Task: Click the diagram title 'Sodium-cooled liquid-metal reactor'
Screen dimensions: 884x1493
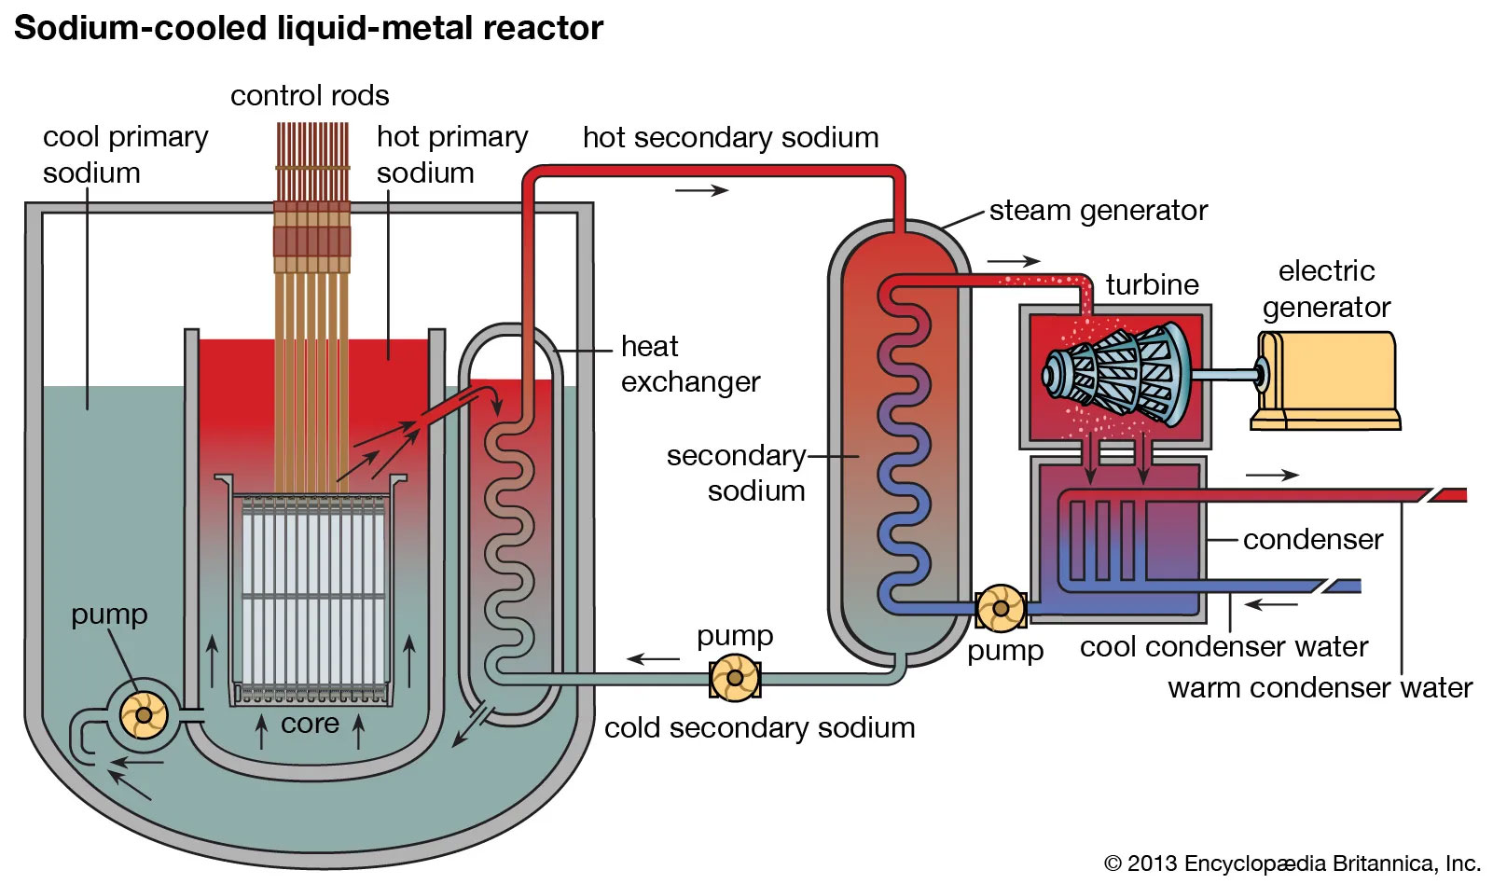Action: (x=309, y=28)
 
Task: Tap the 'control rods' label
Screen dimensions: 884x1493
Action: (x=310, y=95)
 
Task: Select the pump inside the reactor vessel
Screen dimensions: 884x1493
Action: (x=144, y=715)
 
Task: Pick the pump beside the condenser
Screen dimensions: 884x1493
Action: (x=1001, y=609)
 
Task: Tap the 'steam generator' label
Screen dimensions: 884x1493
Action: (x=1099, y=211)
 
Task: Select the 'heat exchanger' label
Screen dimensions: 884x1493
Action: (x=690, y=364)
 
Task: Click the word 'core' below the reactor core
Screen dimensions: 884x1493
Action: (x=310, y=724)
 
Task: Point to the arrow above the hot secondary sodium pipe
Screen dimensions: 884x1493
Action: (x=701, y=190)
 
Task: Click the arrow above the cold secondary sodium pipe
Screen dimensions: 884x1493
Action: (x=654, y=659)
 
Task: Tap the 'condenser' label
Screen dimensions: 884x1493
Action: (x=1313, y=539)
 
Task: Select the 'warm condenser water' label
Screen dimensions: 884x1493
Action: (x=1320, y=688)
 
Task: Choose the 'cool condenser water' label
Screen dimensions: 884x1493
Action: (x=1223, y=646)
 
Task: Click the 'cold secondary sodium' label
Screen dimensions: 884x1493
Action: (x=759, y=727)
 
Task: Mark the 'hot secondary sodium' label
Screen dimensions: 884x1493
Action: (x=730, y=138)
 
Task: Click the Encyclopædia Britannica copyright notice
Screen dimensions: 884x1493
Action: (x=1292, y=863)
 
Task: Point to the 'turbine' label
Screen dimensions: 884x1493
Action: (x=1152, y=284)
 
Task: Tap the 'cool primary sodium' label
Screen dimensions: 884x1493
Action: (x=125, y=154)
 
